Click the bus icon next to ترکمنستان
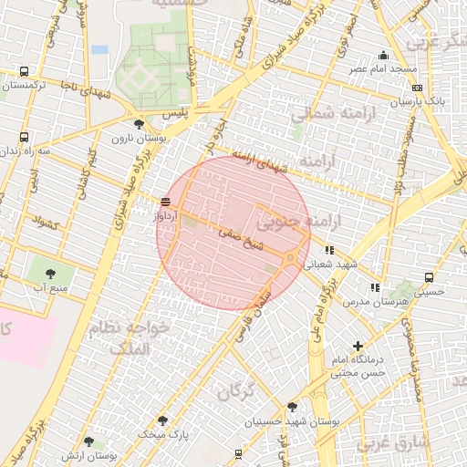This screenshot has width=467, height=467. tap(24, 72)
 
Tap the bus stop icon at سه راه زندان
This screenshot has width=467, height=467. tap(24, 138)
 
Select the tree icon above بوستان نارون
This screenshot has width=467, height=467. tap(139, 124)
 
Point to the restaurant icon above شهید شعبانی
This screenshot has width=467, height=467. tap(329, 249)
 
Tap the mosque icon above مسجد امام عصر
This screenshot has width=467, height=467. tap(383, 56)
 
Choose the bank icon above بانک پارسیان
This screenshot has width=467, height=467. tap(417, 88)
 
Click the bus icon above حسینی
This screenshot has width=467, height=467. tap(427, 278)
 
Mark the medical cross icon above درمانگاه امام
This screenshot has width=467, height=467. tap(358, 346)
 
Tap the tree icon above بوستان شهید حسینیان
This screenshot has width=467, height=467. tap(291, 407)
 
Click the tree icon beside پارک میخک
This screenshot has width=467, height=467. tap(162, 420)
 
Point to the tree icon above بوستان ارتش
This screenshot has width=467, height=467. tap(88, 441)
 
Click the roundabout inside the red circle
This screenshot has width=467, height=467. tap(290, 259)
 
